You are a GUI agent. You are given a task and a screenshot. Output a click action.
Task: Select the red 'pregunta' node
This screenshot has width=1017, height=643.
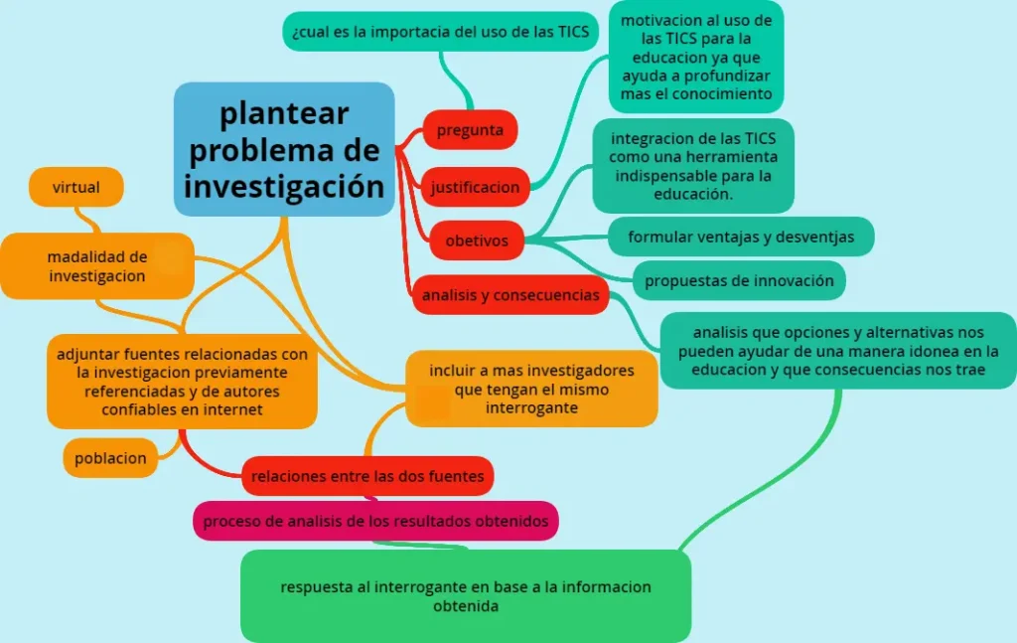(x=471, y=129)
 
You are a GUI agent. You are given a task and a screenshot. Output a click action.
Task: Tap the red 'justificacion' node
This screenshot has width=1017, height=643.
(x=476, y=187)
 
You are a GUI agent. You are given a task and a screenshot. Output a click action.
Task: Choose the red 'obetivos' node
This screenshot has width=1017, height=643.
(x=477, y=241)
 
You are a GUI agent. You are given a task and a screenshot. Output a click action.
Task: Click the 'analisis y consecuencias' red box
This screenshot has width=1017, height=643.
(x=509, y=295)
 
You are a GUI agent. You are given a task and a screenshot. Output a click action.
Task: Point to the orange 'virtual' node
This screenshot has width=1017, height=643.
(x=76, y=187)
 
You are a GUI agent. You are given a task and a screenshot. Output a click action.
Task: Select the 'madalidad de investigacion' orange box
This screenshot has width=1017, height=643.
(x=97, y=266)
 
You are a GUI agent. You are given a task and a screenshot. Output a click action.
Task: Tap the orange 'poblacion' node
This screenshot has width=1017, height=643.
(x=110, y=458)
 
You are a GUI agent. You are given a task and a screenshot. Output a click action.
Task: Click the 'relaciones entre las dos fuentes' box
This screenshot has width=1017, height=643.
(x=367, y=476)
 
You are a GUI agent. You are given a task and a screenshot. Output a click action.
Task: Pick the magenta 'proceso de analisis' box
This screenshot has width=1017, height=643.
(x=375, y=521)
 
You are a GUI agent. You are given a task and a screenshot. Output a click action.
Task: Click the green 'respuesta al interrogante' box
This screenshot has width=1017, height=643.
(x=466, y=595)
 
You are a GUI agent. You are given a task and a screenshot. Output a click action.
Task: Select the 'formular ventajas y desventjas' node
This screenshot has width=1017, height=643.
(x=741, y=238)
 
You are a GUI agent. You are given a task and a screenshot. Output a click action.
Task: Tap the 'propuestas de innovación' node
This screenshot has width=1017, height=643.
(x=739, y=280)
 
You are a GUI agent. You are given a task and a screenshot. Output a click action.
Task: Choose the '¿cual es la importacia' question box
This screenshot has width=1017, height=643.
(x=441, y=31)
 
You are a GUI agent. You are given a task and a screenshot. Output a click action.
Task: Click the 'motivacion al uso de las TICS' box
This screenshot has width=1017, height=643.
(x=696, y=57)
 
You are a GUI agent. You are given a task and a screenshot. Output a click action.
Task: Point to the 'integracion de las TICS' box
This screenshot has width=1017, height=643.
(x=693, y=166)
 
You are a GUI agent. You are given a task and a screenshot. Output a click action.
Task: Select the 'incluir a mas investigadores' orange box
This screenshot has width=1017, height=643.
(x=531, y=389)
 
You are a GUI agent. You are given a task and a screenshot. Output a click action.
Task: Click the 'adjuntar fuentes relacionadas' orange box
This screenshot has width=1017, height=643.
(x=182, y=382)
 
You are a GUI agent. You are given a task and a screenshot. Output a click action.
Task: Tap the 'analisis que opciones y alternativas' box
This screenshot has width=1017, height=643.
(x=839, y=351)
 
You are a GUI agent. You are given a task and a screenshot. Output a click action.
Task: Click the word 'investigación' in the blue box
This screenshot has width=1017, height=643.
(x=284, y=186)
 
